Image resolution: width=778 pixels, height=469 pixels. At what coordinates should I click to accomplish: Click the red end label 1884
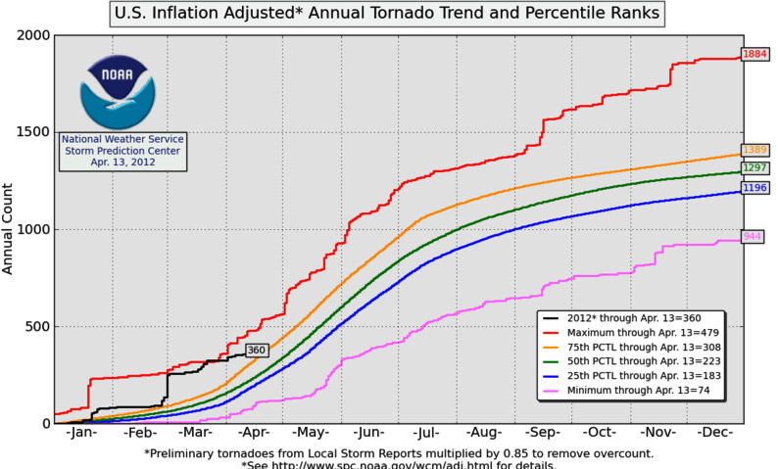pos(754,54)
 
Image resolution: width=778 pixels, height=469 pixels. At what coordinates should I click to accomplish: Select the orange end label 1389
pos(754,150)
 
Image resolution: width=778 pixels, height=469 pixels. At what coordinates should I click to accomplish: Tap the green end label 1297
pos(754,167)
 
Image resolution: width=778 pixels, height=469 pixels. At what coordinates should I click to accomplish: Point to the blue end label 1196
pos(754,187)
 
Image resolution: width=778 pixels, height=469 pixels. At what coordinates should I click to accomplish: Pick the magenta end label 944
pos(753,236)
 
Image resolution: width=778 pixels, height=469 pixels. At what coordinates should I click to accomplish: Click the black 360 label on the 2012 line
pos(257,350)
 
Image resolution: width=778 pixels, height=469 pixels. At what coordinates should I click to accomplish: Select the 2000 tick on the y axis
pos(32,35)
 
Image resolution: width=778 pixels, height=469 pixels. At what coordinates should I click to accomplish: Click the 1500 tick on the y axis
pos(32,132)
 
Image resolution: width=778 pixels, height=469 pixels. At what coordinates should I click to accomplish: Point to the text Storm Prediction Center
pos(122,151)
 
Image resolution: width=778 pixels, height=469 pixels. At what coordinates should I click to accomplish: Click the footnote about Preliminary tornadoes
pos(398,453)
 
